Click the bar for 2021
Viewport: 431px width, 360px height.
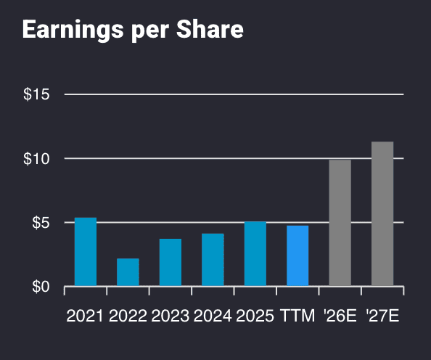click(86, 252)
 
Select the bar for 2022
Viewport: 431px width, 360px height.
click(128, 272)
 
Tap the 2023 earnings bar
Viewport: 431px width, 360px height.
click(171, 262)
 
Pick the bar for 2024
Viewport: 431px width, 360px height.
click(213, 260)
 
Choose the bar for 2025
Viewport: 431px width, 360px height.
click(255, 253)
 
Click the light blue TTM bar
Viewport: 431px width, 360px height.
click(297, 255)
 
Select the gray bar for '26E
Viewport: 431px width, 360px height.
click(340, 223)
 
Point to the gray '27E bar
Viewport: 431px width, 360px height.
click(382, 214)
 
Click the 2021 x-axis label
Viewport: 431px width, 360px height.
click(86, 316)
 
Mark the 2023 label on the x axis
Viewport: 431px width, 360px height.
click(171, 316)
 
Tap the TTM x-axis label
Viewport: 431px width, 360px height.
click(297, 316)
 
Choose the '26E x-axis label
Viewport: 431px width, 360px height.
click(340, 316)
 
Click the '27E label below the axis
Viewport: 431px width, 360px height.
click(382, 316)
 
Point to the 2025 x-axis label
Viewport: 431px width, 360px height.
click(255, 316)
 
